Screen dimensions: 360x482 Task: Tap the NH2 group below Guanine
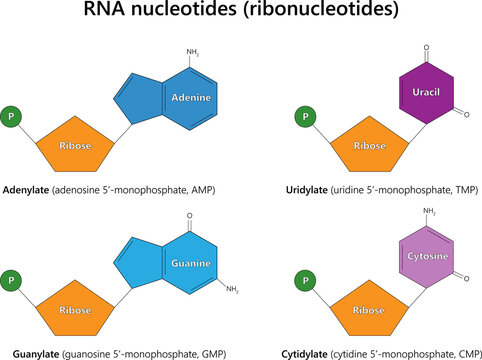click(231, 290)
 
